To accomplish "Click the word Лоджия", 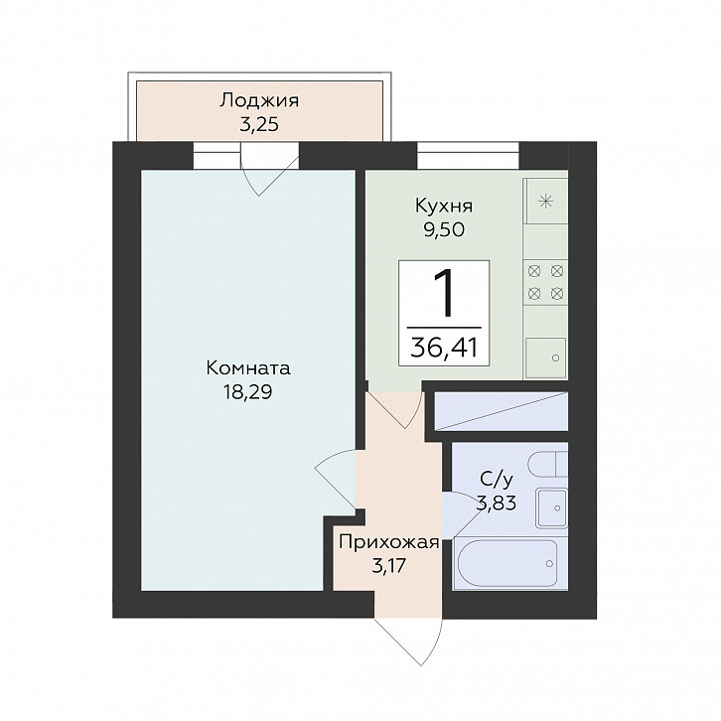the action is coord(259,100).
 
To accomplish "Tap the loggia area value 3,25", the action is coord(259,124).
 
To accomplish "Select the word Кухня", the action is coord(444,206).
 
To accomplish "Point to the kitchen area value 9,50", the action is coord(444,229).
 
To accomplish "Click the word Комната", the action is coord(248,367).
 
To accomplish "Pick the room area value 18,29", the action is coord(248,392).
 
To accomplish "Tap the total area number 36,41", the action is coord(444,348).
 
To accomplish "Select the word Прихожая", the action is coord(389,542).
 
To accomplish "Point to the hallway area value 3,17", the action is coord(389,566).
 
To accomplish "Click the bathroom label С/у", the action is coord(497,480).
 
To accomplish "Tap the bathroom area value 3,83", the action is coord(498,504).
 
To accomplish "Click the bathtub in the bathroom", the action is coord(509,564).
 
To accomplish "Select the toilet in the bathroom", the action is coord(547,465).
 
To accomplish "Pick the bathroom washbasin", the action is coord(552,508).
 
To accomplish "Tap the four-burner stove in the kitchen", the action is coord(546,282).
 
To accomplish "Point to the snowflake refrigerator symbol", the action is coord(546,202).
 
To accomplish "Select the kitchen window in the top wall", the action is coord(468,155).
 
